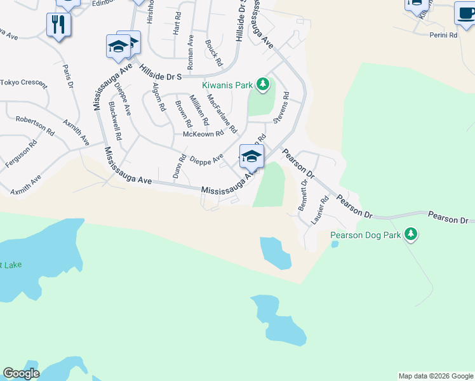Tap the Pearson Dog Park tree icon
coord(411,234)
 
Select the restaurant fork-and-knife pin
coord(58,25)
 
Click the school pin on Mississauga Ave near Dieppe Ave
coord(251,157)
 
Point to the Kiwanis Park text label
coord(227,84)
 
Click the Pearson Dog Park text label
coord(365,235)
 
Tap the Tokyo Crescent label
coord(23,83)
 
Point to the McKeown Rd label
coord(203,134)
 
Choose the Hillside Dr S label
coord(161,76)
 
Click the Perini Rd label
coord(443,36)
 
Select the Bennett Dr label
coord(304,196)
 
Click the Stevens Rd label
coord(281,107)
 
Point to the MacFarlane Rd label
coord(222,112)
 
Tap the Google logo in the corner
coord(22,373)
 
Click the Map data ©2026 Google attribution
coord(436,376)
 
